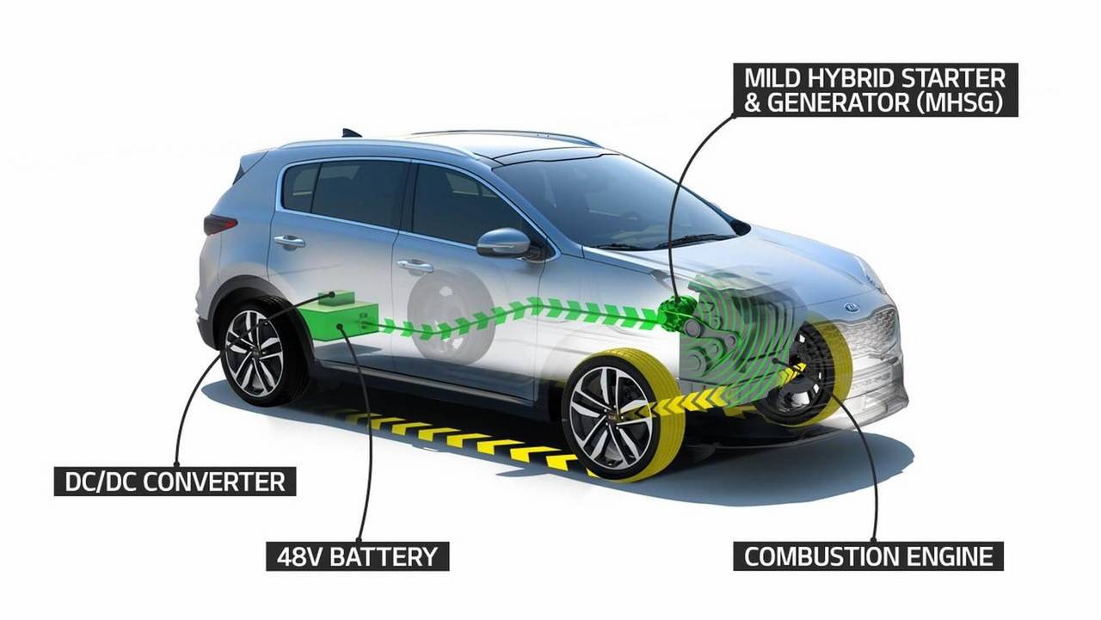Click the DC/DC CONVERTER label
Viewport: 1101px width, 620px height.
point(175,482)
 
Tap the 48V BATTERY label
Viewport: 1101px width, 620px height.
point(357,556)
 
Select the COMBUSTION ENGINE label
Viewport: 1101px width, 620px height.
point(868,556)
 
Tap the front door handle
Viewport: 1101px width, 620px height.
point(415,267)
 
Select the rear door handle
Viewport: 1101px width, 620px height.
point(289,241)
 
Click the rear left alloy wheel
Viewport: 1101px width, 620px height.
point(254,353)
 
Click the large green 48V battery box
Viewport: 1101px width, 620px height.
point(340,320)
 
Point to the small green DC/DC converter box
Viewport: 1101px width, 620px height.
point(336,298)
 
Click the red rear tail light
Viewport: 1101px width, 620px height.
point(220,225)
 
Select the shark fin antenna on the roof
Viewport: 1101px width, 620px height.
point(352,132)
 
